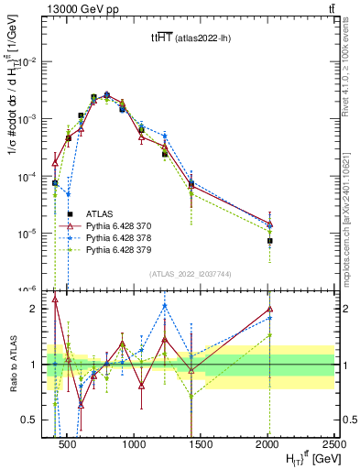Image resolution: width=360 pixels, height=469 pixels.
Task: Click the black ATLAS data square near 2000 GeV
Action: click(269, 241)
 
